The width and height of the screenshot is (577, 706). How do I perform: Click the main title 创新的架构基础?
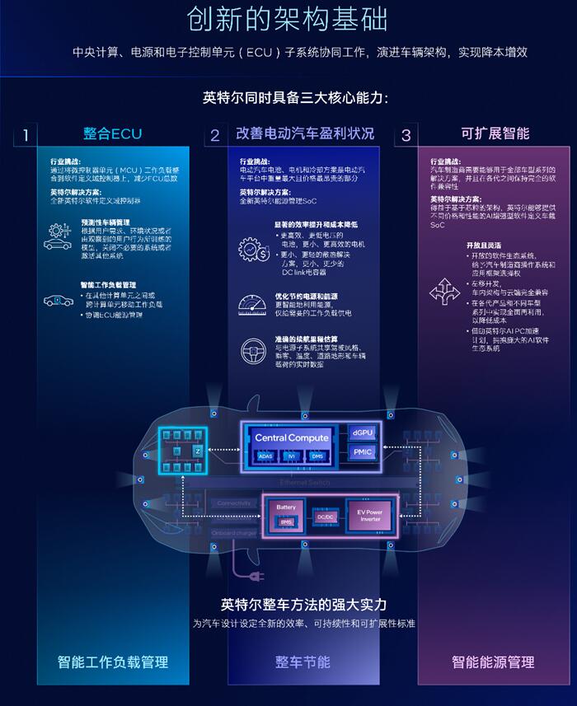[288, 20]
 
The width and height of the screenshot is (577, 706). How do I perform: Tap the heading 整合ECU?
[113, 133]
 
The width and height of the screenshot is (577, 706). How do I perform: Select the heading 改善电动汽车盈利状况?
[305, 133]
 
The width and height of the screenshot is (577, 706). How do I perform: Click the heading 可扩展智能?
[495, 133]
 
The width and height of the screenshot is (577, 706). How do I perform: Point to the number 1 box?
[26, 135]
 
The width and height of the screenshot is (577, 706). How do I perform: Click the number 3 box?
[406, 135]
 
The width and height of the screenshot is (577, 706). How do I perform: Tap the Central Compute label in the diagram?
[291, 437]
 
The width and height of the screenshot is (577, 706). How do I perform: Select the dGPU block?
[364, 432]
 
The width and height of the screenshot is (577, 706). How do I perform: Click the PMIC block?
[364, 452]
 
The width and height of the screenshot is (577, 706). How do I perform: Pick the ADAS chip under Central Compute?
[265, 455]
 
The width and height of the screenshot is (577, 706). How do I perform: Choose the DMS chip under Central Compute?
[317, 455]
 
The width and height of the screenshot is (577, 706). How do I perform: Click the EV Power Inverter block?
[369, 517]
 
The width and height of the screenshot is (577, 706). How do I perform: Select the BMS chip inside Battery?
[286, 521]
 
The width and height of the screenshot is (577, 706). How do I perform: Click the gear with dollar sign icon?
[253, 250]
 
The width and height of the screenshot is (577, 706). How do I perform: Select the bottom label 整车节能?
[303, 662]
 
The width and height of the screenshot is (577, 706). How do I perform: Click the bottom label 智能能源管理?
[493, 662]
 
